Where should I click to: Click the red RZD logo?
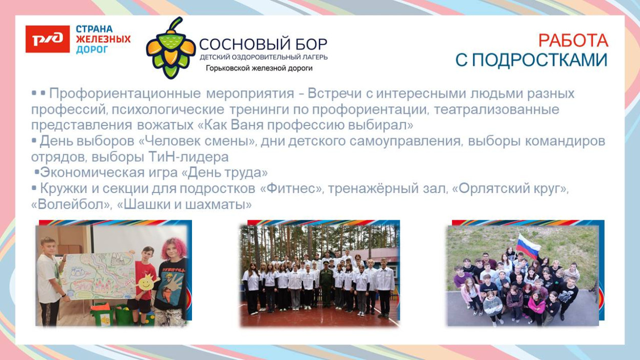coord(48,39)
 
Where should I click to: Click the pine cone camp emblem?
coord(170,48)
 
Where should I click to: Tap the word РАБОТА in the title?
coord(573,40)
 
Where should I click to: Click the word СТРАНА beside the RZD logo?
coord(94,29)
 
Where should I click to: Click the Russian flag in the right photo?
coord(528,246)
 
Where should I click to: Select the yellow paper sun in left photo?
coord(145,281)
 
